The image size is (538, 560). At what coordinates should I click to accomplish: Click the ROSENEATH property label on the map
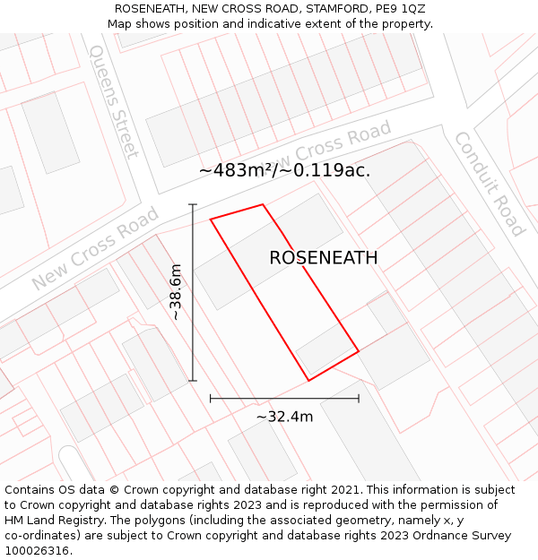[323, 258]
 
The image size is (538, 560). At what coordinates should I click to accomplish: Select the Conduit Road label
[489, 184]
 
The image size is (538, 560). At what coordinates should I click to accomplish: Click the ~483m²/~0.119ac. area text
[284, 169]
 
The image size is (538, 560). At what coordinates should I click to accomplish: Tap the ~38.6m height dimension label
[177, 292]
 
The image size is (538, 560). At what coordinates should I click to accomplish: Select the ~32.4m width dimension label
[284, 417]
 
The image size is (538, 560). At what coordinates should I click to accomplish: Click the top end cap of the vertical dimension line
[193, 205]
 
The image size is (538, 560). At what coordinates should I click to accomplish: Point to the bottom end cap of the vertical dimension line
[193, 381]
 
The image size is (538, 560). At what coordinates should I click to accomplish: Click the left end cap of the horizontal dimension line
[211, 399]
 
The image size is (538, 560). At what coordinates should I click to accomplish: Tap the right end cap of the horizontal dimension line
[359, 399]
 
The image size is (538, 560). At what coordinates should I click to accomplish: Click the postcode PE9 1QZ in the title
[401, 9]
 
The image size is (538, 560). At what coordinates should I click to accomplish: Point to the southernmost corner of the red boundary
[308, 381]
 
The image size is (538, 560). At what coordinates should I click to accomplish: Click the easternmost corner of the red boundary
[359, 350]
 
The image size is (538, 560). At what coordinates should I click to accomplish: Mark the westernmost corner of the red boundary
[211, 219]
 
